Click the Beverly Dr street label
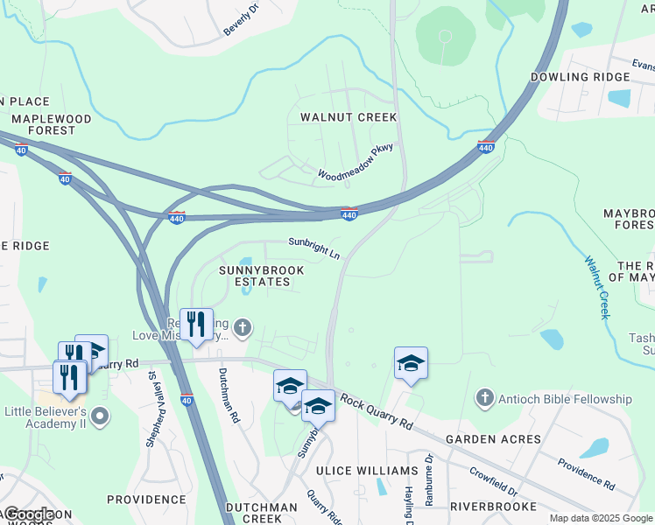(242, 19)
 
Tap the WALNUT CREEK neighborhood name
(349, 117)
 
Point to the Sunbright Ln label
(314, 248)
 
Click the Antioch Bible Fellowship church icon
(485, 399)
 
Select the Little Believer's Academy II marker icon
(101, 415)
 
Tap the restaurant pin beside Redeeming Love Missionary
(196, 324)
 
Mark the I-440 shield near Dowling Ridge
(487, 148)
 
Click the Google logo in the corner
(28, 514)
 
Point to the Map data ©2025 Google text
(600, 518)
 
